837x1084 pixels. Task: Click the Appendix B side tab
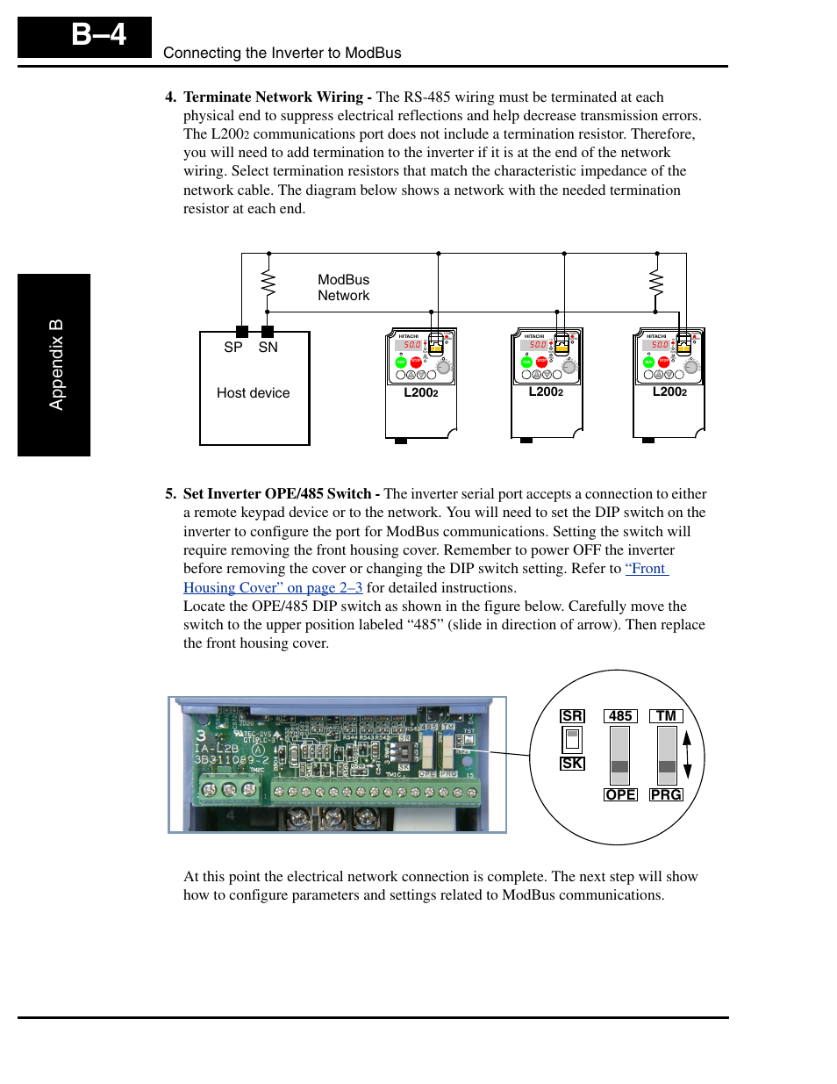[54, 364]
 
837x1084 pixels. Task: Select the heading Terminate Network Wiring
[273, 97]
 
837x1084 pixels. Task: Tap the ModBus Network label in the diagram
[343, 288]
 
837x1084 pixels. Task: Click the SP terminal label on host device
[232, 348]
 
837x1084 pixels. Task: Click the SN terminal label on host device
[268, 348]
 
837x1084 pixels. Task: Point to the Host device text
[253, 393]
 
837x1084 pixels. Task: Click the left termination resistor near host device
[268, 283]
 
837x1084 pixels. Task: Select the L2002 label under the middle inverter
[546, 392]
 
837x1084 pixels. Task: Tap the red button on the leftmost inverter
[416, 363]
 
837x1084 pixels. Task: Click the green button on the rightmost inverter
[648, 363]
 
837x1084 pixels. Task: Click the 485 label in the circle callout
[620, 716]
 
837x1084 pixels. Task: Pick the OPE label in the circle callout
[620, 794]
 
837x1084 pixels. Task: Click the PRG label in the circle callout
[666, 794]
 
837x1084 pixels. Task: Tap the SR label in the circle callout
[572, 716]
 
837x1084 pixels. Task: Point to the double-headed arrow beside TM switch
[688, 755]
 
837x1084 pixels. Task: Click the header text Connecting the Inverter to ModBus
[282, 53]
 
